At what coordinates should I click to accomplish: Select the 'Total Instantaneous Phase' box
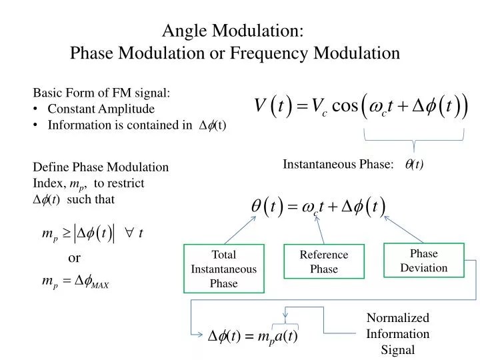coord(223,269)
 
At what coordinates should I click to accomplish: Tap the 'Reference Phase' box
coord(324,262)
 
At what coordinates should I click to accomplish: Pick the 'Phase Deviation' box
coord(423,261)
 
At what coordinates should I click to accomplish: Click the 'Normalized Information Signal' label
coord(398,333)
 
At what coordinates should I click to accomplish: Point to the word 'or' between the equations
coord(75,258)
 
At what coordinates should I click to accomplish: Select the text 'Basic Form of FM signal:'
coord(102,93)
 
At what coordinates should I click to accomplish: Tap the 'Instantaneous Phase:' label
coord(338,165)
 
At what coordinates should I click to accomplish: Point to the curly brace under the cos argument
coord(414,141)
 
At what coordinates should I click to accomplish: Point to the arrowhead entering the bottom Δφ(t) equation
coord(201,335)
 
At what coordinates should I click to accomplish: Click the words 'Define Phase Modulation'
coord(101,167)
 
